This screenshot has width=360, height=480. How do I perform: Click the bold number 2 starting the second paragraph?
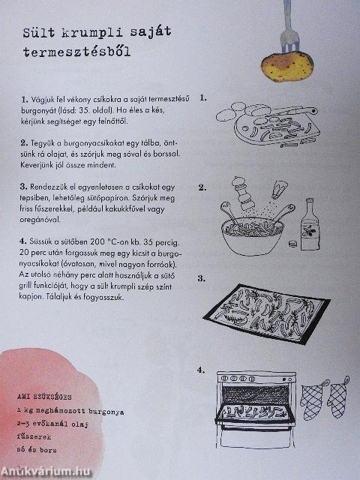[25, 143]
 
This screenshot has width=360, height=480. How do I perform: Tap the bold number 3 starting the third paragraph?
[25, 187]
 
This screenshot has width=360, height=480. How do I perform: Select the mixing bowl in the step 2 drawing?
[255, 228]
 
